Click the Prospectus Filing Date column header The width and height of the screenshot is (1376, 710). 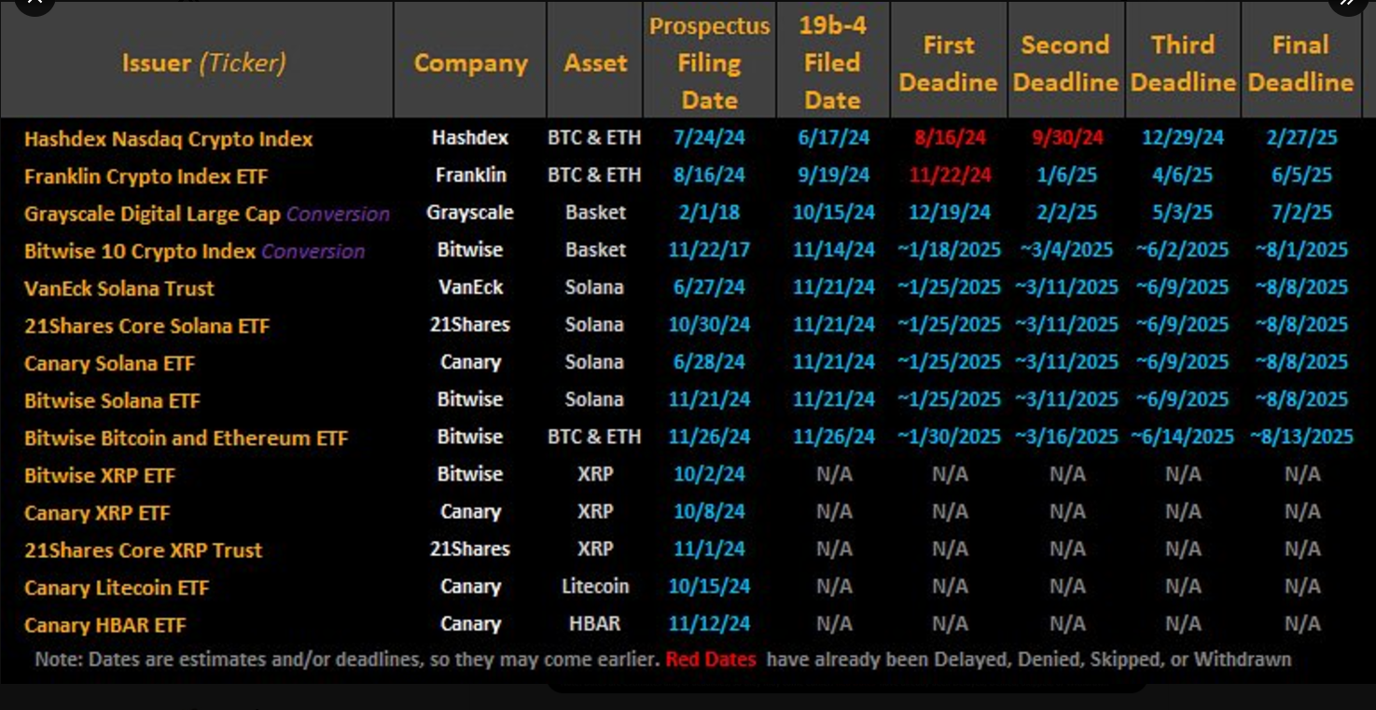coord(709,63)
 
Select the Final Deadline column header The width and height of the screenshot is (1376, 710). coord(1300,63)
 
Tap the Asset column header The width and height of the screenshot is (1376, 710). coord(595,63)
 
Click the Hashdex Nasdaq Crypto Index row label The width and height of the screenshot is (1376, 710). coord(168,139)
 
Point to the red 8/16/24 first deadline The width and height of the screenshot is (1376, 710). coord(950,138)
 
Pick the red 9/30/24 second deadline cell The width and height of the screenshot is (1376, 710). coord(1067,138)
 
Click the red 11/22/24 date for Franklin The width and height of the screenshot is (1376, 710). coord(950,175)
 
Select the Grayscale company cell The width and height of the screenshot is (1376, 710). coord(470,213)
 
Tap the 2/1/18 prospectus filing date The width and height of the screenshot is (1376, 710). coord(709,213)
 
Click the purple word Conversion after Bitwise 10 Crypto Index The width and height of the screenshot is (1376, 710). coord(313,251)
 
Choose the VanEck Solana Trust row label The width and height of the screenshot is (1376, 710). coord(119,288)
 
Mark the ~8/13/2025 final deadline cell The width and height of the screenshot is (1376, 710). coord(1301,437)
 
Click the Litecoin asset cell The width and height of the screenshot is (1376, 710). coord(595,586)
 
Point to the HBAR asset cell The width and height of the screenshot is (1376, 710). coord(595,623)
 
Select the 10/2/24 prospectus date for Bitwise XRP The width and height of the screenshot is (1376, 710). coord(709,474)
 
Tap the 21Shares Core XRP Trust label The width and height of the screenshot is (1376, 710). coord(144,550)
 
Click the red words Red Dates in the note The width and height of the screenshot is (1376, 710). coord(711,660)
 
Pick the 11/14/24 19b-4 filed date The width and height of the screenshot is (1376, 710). coord(833,250)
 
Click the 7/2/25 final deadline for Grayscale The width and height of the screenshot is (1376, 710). coord(1301,213)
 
